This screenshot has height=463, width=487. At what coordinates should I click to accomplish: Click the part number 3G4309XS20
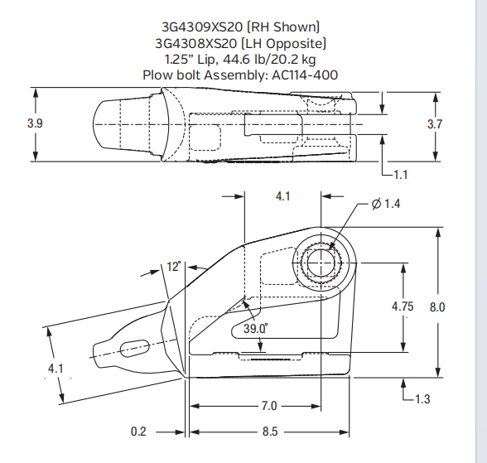(x=195, y=27)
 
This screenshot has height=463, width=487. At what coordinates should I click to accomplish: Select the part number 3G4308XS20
(x=195, y=43)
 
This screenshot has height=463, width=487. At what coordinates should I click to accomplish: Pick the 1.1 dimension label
(x=401, y=175)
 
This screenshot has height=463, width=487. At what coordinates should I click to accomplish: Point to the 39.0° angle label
(x=255, y=328)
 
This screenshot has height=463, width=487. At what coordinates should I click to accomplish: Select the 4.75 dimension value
(x=403, y=306)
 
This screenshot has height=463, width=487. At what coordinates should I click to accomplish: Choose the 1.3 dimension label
(x=422, y=399)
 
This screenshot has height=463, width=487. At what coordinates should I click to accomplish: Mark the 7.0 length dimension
(x=268, y=407)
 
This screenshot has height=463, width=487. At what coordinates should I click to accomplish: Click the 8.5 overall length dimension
(x=268, y=432)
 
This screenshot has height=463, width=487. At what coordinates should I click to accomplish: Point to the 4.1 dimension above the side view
(x=283, y=197)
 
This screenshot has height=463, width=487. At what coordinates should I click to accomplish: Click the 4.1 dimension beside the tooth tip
(x=55, y=368)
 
